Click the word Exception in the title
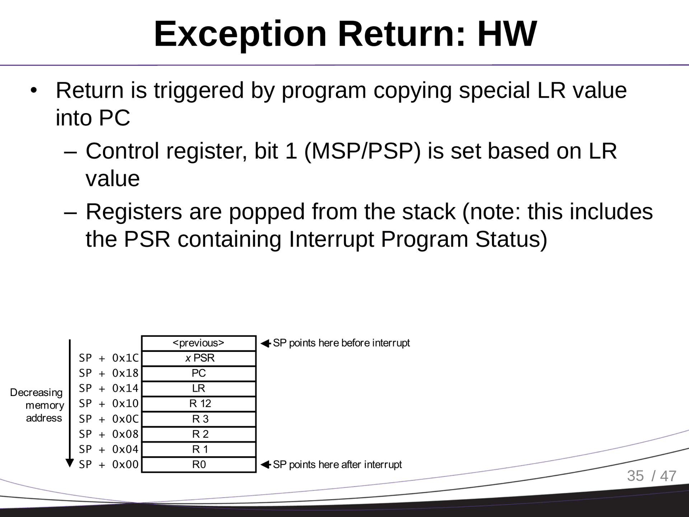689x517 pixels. (x=240, y=34)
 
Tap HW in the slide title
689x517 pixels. (x=507, y=34)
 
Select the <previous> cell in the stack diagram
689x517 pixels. (x=198, y=343)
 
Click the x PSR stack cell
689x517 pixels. (x=198, y=358)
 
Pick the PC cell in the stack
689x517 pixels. (x=198, y=373)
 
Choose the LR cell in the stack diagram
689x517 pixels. (x=198, y=388)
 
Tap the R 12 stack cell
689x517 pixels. (x=198, y=404)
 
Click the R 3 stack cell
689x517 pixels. (x=198, y=419)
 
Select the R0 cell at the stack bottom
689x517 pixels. (x=198, y=465)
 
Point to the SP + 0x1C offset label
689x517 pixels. (x=108, y=358)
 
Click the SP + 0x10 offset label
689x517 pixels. (x=108, y=404)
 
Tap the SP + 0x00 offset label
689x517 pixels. (x=108, y=465)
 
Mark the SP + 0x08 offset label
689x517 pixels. (x=108, y=434)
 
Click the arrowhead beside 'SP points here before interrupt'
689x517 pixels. (x=265, y=344)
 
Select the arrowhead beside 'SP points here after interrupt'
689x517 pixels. (x=265, y=465)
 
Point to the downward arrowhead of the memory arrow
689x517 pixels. (x=70, y=462)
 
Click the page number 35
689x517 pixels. (x=635, y=476)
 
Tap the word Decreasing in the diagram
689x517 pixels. (x=36, y=392)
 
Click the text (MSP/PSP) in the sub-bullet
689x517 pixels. (x=362, y=151)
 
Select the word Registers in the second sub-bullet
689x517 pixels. (x=133, y=211)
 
